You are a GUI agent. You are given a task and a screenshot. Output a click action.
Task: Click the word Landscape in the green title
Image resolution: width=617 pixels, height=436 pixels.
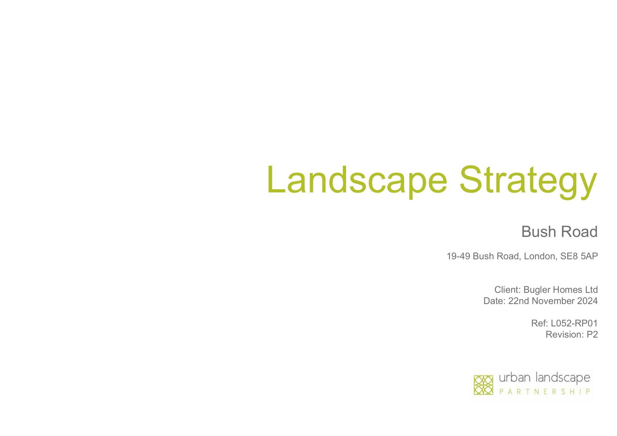pos(357,181)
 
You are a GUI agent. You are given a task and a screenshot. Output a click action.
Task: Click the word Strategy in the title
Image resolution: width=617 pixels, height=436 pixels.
pos(528,182)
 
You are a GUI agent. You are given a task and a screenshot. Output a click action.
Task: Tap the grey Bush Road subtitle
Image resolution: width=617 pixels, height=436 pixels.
pos(560,232)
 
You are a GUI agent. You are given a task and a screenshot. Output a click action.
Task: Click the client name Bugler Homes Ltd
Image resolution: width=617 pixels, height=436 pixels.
pos(561,290)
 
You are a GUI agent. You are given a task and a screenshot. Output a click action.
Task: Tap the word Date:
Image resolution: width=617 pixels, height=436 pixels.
pos(494,301)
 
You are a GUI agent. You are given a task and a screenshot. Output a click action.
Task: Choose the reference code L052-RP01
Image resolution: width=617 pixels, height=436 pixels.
pos(574,323)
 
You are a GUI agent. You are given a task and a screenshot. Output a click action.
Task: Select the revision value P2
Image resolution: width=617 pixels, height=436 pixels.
pos(592,335)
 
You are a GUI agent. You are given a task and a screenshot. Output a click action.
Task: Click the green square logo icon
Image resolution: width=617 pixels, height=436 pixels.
pos(484,385)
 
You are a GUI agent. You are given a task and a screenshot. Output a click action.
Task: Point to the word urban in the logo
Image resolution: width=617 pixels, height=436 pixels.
pos(514,378)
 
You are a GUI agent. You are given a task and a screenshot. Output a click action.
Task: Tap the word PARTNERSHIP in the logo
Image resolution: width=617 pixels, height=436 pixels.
pos(545,392)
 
